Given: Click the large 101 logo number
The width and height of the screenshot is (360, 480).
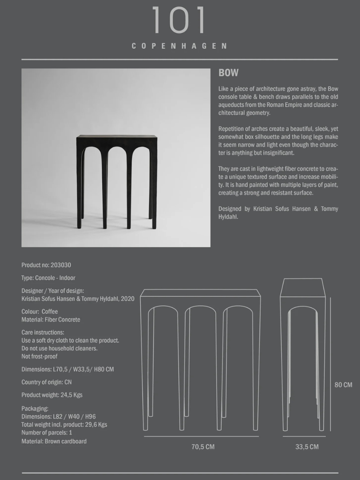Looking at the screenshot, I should click(179, 20).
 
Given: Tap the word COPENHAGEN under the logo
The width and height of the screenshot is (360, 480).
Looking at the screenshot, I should click(179, 46).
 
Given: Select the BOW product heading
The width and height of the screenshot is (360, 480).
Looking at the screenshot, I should click(228, 73).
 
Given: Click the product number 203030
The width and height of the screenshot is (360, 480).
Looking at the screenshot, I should click(61, 265).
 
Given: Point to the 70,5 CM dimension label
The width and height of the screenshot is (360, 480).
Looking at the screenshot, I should click(203, 447).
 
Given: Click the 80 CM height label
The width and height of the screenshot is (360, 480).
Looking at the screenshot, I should click(343, 385).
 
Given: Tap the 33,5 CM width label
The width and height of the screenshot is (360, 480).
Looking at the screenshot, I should click(307, 447).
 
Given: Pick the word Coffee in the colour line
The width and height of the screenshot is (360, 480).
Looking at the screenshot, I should click(50, 312).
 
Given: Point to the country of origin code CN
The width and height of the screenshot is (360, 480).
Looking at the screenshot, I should click(68, 382).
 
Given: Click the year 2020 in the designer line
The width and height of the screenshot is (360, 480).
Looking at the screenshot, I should click(127, 299).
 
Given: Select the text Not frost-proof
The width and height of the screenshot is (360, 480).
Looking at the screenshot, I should click(39, 356).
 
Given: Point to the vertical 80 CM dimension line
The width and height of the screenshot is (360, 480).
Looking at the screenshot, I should click(330, 364).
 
